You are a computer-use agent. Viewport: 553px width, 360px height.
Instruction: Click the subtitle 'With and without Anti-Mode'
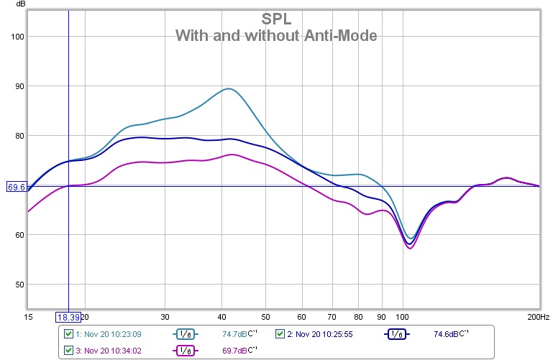tap(276, 35)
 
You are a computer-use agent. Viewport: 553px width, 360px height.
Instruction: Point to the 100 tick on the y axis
tap(16, 37)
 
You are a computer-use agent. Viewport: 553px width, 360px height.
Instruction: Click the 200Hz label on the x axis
tap(538, 317)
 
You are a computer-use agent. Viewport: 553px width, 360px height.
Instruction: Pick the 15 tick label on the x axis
tap(29, 317)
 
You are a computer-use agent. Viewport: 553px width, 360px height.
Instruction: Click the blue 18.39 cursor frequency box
tap(68, 317)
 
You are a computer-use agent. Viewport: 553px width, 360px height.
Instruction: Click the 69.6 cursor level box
tap(17, 187)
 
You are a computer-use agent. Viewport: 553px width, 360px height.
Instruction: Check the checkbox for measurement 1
tap(68, 333)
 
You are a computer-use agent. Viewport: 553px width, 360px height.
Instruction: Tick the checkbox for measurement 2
tap(280, 333)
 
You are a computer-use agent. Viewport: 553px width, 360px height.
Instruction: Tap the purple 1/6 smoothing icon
tap(184, 350)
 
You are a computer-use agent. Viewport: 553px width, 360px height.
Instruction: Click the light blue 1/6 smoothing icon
tap(184, 334)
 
